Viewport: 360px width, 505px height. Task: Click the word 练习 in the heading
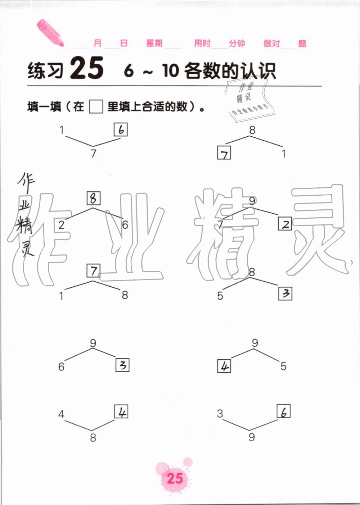45,70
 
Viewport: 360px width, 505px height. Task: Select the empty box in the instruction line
96,106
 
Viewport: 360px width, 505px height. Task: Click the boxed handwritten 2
285,224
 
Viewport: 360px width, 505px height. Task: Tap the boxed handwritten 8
93,198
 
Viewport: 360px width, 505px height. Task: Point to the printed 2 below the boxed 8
62,225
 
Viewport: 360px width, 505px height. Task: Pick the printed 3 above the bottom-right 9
220,414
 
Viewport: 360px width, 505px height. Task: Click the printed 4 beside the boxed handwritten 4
62,414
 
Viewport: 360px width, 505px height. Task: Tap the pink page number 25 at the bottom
175,478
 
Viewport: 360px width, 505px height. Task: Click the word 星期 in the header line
154,44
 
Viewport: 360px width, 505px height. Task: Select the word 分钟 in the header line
237,44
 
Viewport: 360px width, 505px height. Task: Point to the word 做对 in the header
271,44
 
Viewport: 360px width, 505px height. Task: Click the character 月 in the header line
98,44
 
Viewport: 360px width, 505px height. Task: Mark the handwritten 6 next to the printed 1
121,129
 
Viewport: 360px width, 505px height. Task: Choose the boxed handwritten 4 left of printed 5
224,367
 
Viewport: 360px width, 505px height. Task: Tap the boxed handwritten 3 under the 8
285,294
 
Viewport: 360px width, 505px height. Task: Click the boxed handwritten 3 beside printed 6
122,365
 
